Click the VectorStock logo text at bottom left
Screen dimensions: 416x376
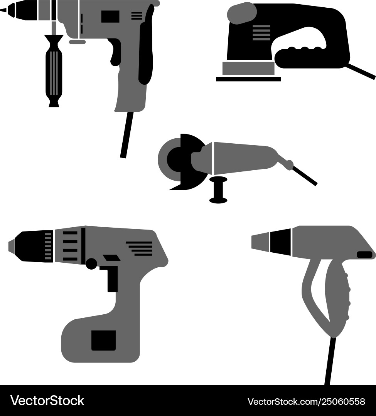coord(47,401)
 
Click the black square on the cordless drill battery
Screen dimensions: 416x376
coord(103,340)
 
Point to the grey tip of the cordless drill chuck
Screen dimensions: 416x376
coord(12,247)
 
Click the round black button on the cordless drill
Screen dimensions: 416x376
coord(91,264)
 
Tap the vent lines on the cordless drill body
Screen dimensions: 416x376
coord(139,248)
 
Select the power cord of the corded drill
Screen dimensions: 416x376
coord(126,135)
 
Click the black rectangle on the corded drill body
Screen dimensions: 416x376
coord(110,16)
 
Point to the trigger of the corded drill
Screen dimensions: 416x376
coord(115,52)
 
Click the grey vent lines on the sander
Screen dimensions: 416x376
coord(261,33)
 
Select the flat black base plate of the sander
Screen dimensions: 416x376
coord(248,79)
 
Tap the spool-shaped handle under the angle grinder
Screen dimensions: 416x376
coord(218,191)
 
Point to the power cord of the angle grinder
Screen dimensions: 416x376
coord(305,176)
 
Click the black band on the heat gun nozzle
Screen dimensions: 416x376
coord(280,242)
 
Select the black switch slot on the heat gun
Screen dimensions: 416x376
coord(364,255)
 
